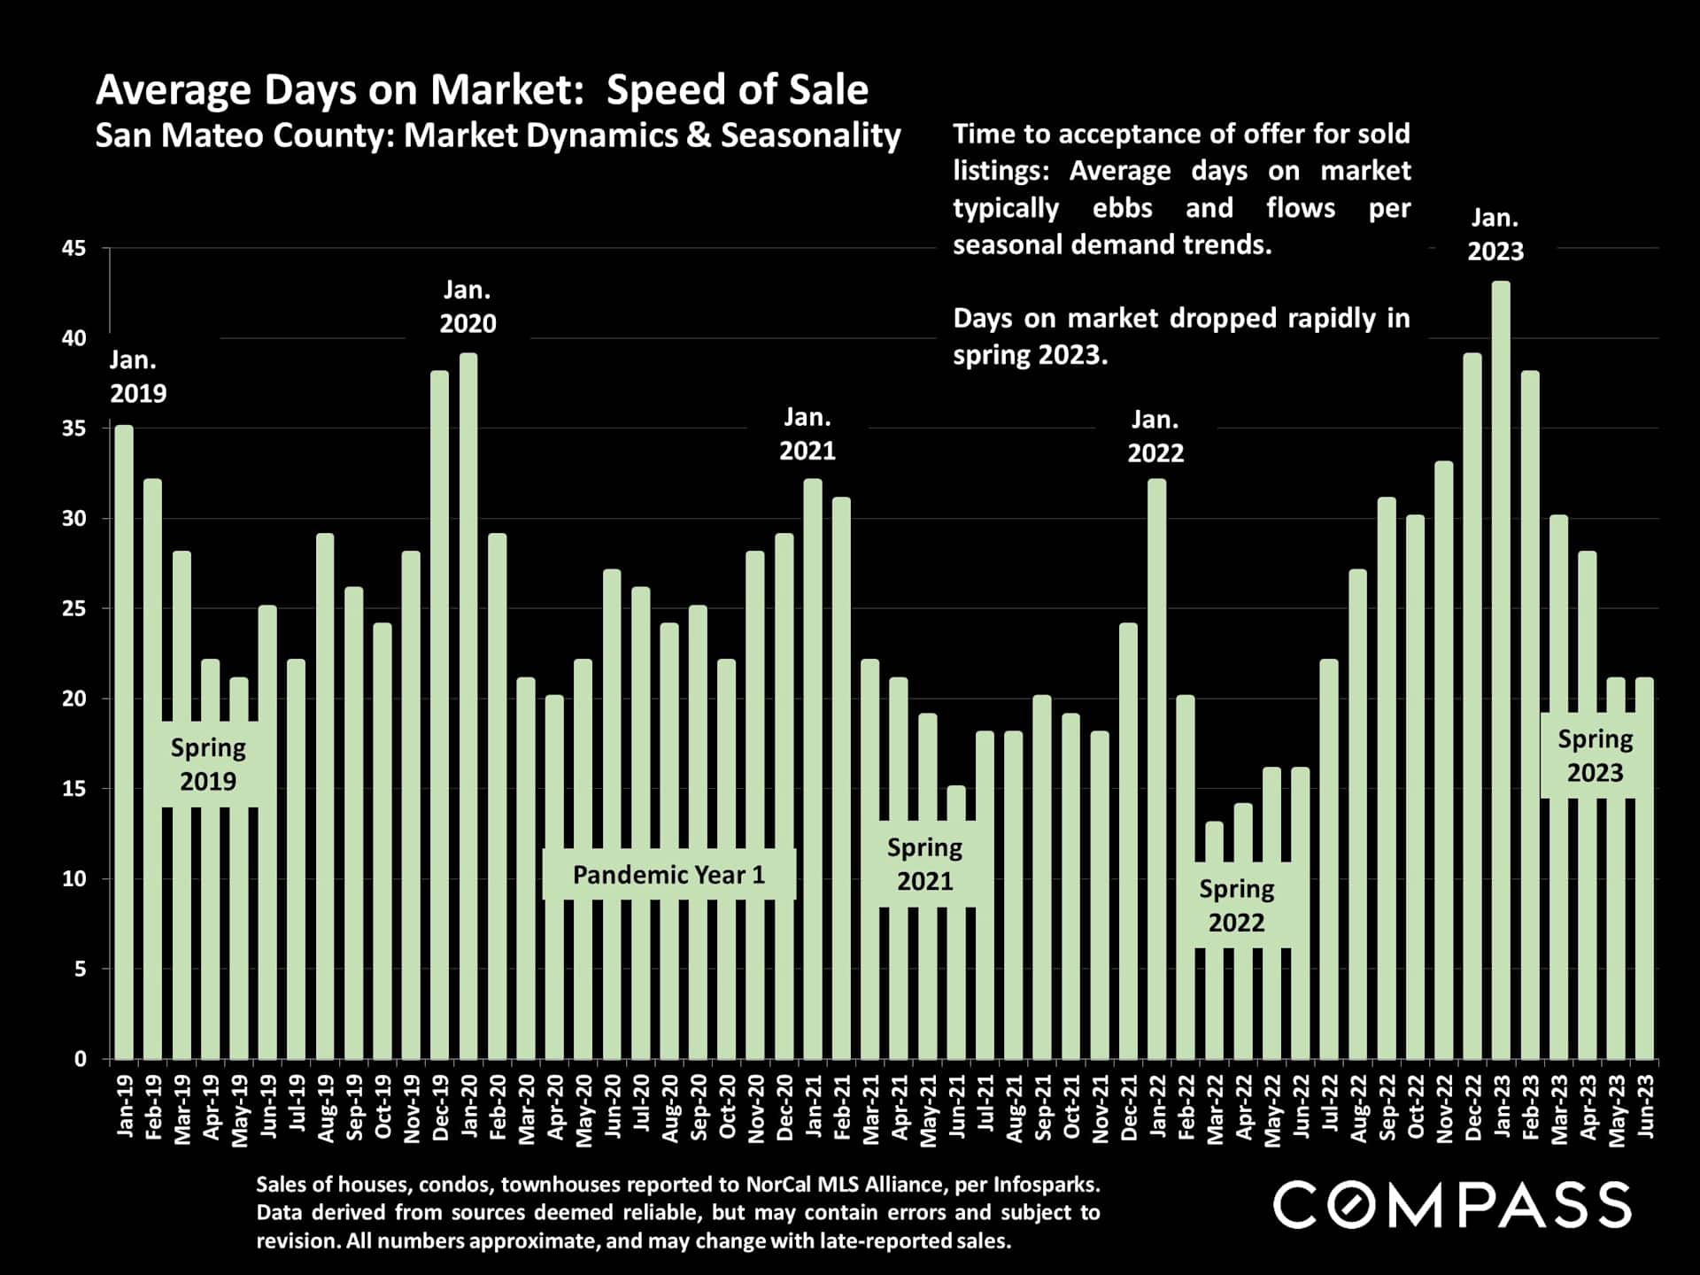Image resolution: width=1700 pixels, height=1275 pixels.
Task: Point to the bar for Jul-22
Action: click(x=1329, y=859)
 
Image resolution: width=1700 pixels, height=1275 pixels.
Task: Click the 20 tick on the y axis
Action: click(x=74, y=699)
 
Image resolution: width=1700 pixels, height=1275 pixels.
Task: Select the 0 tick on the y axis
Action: click(x=81, y=1059)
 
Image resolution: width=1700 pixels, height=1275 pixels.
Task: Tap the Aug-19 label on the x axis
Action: click(x=325, y=1109)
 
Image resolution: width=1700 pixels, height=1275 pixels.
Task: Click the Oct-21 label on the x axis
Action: click(x=1071, y=1108)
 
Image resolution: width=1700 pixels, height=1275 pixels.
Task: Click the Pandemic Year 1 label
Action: click(x=668, y=875)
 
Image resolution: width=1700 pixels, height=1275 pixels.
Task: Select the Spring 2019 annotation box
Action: click(x=208, y=764)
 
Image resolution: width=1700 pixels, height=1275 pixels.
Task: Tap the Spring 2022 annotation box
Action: click(x=1236, y=906)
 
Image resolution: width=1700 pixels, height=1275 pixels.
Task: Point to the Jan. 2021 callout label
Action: click(x=807, y=434)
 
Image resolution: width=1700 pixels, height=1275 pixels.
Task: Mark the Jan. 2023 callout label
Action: click(x=1495, y=235)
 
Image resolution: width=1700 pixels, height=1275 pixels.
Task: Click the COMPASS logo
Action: click(x=1452, y=1205)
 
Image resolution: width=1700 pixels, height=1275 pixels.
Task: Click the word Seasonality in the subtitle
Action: click(x=810, y=135)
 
